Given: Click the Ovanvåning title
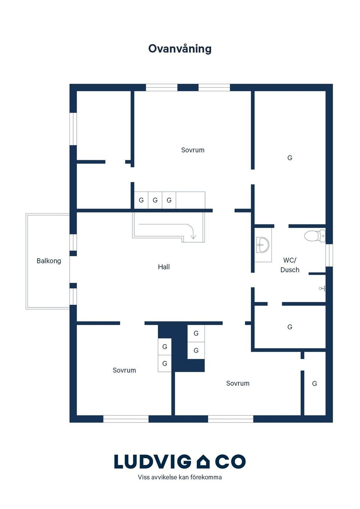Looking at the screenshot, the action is (x=180, y=49).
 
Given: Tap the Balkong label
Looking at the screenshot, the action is (x=49, y=260).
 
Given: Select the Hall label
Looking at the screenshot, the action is (x=163, y=267).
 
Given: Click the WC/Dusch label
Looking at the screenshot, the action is (x=290, y=265).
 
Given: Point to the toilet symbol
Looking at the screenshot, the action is (x=315, y=236).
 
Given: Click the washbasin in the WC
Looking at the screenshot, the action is (x=262, y=245).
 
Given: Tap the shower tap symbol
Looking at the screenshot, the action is (x=322, y=289).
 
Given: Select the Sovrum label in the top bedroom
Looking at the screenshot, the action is (x=193, y=150).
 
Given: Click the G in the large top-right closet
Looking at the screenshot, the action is (x=290, y=158).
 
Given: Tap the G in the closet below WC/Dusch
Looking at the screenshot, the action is (x=290, y=327).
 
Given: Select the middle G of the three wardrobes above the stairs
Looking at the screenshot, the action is (x=155, y=200).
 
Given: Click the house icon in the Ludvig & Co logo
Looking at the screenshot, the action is (x=203, y=461).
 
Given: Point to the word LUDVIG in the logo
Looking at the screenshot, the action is (x=153, y=462).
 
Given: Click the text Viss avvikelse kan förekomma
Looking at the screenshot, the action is (x=180, y=477).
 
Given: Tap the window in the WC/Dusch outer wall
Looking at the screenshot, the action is (x=329, y=255).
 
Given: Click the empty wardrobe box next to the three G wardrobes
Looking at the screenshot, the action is (x=190, y=200).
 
